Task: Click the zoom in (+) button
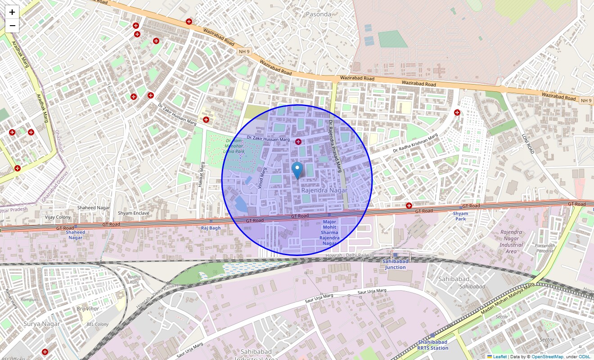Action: coord(12,12)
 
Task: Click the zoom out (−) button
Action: coord(12,26)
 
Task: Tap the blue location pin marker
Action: coord(297,171)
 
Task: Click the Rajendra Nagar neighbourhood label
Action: coord(324,190)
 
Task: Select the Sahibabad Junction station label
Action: coord(396,264)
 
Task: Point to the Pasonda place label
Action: coord(318,14)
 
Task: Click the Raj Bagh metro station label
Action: coord(211,228)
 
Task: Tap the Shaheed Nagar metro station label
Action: coord(75,235)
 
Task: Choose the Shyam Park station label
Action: coord(460,216)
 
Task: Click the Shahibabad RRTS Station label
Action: coord(432,345)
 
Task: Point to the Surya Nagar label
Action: coord(41,324)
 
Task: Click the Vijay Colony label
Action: coord(58,217)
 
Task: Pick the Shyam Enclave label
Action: coord(133,213)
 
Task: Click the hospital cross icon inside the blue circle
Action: coord(298,142)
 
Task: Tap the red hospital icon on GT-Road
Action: coord(409,206)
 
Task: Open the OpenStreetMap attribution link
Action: coord(547,357)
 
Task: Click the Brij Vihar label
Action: coord(87,309)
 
